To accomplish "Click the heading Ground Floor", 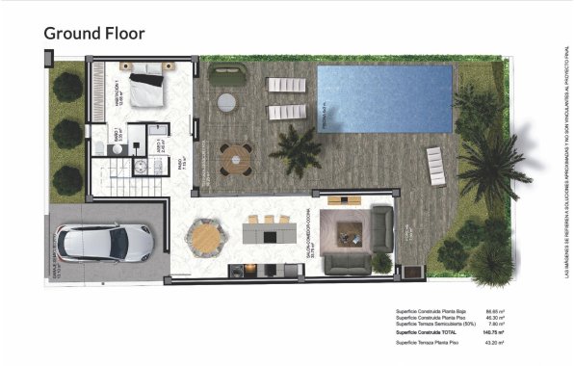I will point(94,34).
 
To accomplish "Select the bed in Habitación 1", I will point(147,90).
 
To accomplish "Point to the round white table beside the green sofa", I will point(227,101).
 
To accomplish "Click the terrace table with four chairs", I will point(235,157).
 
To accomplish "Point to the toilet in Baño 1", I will point(98,146).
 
